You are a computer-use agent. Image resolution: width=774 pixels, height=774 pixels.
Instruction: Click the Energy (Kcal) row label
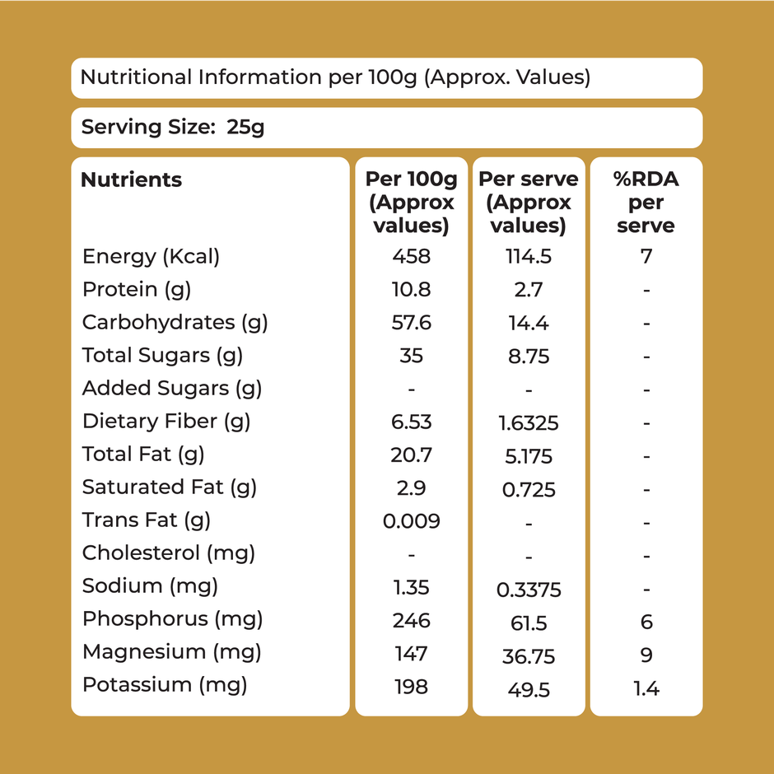pos(151,257)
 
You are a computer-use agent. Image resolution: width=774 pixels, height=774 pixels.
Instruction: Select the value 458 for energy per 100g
pos(411,257)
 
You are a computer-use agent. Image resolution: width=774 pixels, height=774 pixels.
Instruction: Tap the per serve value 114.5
pos(528,257)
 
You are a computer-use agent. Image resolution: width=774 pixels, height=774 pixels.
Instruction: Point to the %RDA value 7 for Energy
pos(646,257)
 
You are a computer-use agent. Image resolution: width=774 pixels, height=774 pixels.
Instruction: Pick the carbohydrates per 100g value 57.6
pos(411,323)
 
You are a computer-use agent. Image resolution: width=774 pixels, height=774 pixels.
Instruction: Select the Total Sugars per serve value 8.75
pos(528,357)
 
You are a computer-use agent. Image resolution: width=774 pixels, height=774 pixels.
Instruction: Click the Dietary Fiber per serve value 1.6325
pos(528,423)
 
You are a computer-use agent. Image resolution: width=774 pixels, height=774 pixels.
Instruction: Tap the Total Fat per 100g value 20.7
pos(411,455)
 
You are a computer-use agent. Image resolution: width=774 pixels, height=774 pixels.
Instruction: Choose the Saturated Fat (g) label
pos(169,487)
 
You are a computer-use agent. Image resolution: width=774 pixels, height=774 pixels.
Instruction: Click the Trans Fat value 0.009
pos(411,521)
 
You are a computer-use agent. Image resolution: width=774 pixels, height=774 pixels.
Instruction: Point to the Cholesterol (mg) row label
pos(168,553)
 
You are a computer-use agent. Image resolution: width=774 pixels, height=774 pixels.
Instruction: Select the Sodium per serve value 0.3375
pos(528,589)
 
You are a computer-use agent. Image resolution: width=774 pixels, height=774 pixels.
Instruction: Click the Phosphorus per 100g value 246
pos(411,620)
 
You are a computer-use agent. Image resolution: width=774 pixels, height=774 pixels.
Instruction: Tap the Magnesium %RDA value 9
pos(646,655)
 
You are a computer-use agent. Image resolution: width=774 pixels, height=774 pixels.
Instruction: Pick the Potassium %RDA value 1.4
pos(646,689)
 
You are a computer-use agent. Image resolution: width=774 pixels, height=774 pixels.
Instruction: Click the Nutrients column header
pos(131,180)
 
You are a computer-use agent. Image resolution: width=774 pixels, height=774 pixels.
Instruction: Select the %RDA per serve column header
pos(646,202)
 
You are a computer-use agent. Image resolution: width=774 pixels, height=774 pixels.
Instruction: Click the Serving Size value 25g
pos(245,128)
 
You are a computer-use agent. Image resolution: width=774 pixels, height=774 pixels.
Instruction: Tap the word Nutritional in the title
pos(136,78)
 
